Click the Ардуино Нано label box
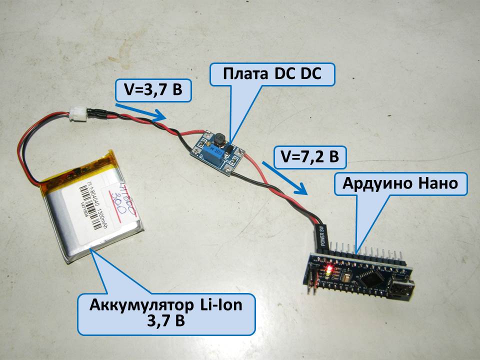400,184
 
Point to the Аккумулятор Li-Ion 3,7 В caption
165,312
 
